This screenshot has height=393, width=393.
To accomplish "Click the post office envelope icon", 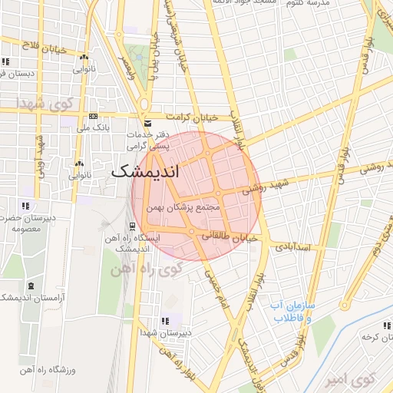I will point(148,124).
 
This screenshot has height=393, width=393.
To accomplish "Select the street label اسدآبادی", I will point(292,247).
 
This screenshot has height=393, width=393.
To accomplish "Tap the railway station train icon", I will point(133,226).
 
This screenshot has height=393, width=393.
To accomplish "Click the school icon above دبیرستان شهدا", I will point(164,321).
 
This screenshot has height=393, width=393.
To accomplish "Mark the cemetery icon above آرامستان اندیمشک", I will point(31,285).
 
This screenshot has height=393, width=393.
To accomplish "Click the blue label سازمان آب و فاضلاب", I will point(292,311).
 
